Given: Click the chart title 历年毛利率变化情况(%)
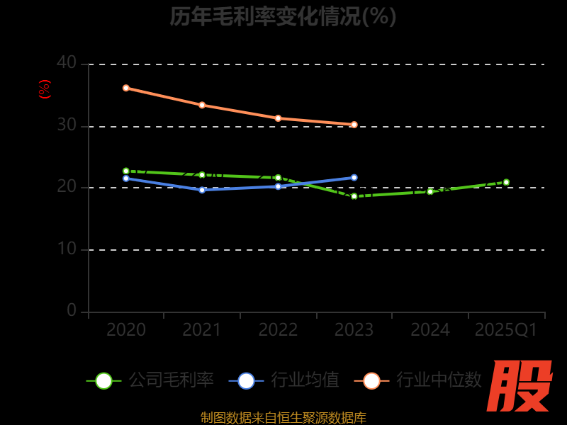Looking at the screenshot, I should (283, 16).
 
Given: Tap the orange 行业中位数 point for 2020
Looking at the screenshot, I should (126, 88).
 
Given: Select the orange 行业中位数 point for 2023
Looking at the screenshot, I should (354, 125).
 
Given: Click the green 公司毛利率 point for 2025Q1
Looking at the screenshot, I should (506, 182).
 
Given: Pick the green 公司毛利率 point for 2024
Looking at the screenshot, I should (430, 191).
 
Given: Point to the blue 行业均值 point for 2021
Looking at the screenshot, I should (202, 190).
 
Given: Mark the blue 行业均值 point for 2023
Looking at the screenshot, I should (354, 178).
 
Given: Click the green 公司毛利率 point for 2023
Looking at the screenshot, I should (354, 196).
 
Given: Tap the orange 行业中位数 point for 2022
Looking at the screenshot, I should (278, 118).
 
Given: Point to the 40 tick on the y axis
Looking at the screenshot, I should (67, 62).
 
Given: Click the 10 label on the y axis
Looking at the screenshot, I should (67, 249).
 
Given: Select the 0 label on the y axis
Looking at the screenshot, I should (72, 310).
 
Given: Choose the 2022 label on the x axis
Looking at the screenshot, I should (278, 330).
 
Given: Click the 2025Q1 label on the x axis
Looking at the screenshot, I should (506, 330).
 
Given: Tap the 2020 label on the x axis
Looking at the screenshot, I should (126, 330).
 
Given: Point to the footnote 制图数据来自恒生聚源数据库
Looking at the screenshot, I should (283, 418).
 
